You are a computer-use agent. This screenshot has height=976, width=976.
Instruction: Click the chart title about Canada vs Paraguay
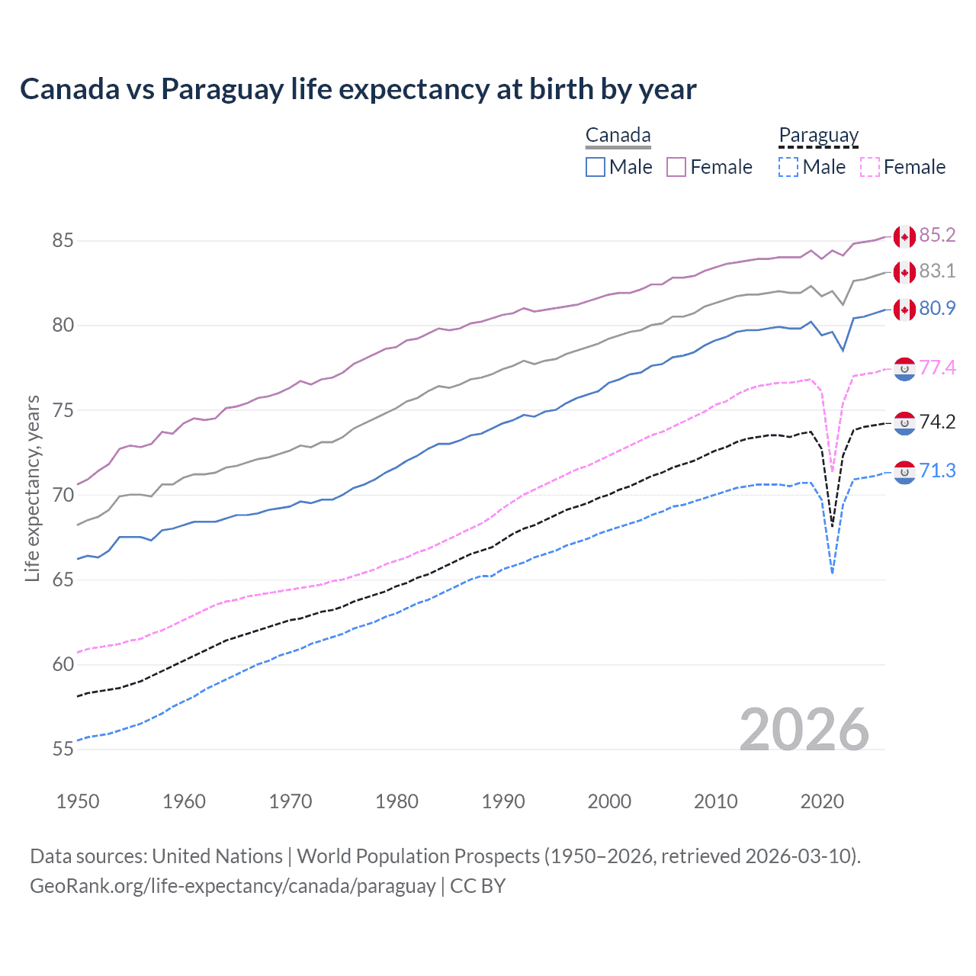(358, 89)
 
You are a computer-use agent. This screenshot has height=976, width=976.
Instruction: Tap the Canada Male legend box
(596, 167)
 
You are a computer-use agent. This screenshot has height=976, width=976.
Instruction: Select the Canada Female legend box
(676, 167)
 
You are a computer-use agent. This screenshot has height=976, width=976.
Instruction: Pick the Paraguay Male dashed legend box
(788, 167)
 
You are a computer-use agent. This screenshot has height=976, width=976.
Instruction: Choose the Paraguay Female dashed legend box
(870, 167)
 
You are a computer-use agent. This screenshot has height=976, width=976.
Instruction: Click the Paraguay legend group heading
(818, 136)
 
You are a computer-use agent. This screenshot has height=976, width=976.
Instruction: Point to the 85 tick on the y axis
(63, 241)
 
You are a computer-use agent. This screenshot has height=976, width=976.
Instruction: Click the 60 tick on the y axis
(63, 664)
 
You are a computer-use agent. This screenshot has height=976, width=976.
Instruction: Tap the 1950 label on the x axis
(78, 801)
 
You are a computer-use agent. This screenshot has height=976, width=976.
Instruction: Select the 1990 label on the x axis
(503, 801)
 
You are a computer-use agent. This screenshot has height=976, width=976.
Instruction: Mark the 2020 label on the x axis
(822, 801)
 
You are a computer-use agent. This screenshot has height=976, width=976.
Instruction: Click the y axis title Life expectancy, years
(33, 488)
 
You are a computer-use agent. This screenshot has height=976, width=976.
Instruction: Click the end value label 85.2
(937, 235)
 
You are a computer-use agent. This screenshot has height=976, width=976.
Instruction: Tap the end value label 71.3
(937, 470)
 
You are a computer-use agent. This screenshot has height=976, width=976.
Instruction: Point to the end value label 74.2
(937, 422)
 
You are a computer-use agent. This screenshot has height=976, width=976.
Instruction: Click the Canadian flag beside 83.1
(904, 272)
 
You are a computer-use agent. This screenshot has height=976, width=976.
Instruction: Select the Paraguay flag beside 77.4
(904, 368)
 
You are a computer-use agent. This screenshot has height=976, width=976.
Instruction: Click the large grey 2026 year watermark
(804, 730)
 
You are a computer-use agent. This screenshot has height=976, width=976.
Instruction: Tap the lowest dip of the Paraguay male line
(832, 573)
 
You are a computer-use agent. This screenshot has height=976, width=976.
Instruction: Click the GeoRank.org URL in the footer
(233, 886)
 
